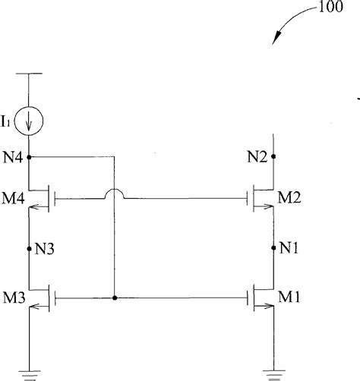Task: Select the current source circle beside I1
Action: (x=30, y=120)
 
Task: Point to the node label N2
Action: (x=258, y=157)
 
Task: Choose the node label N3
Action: (x=44, y=247)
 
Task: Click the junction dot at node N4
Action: (x=29, y=157)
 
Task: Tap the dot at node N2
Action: (x=273, y=157)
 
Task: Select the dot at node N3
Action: (x=29, y=247)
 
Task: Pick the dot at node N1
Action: (x=273, y=247)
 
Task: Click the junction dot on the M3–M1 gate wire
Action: (x=113, y=298)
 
